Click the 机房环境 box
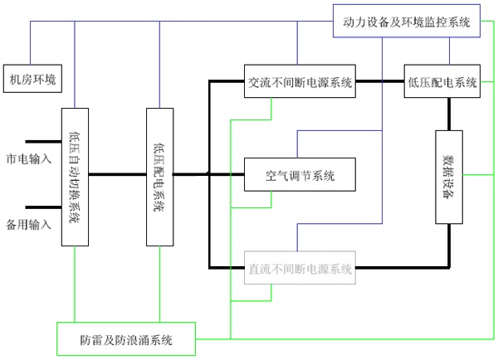tap(32, 79)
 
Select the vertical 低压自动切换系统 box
tap(75, 178)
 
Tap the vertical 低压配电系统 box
tap(159, 178)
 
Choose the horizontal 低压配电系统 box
tap(442, 81)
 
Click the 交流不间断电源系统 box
tap(300, 81)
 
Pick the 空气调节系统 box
tap(300, 174)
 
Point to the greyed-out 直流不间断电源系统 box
tap(300, 268)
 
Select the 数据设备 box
tap(449, 178)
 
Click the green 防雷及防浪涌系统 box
tap(126, 339)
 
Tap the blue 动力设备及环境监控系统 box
tap(407, 21)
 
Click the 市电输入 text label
tap(28, 158)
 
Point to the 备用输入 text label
tap(28, 225)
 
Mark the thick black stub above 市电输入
tap(43, 142)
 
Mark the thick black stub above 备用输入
tap(43, 207)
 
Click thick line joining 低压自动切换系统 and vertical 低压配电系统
tap(118, 174)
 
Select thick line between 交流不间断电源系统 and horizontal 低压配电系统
tap(380, 81)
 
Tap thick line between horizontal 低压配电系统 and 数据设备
tap(449, 114)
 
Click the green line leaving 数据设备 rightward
tap(478, 174)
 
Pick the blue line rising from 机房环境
tap(31, 43)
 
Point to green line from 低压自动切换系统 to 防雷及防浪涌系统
tap(75, 285)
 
